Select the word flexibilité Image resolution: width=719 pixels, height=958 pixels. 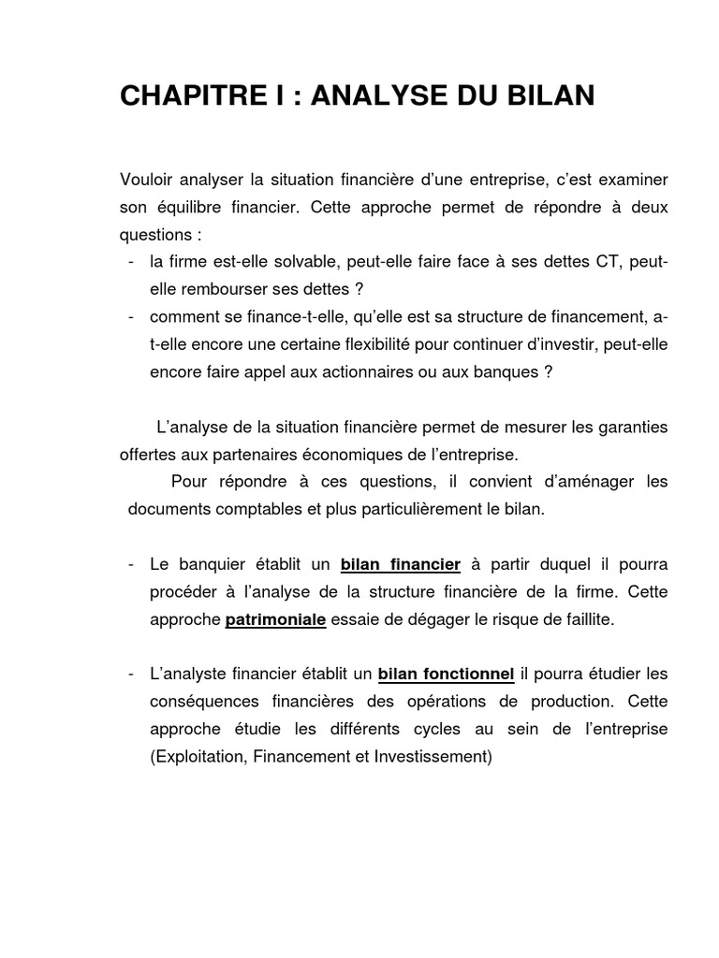[x=433, y=344]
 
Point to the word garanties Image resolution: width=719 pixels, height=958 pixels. [x=634, y=428]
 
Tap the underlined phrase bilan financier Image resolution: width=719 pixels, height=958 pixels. [x=400, y=564]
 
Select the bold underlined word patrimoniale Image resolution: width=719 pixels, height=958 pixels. [x=275, y=619]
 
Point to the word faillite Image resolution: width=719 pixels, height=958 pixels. [x=583, y=619]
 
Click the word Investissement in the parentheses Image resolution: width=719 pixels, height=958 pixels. [x=428, y=756]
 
